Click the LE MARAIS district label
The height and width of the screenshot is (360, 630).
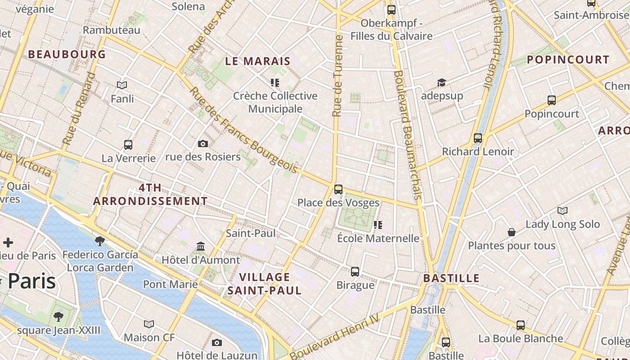coord(258,61)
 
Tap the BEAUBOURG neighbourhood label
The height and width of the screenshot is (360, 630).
coord(67,54)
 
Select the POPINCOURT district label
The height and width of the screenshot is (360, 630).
coord(568,59)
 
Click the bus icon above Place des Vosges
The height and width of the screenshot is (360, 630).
coord(338,189)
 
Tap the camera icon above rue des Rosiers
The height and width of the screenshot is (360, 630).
coord(203,144)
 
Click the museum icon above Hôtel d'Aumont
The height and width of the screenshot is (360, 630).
coord(201,247)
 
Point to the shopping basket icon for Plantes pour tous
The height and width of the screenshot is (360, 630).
coord(512,232)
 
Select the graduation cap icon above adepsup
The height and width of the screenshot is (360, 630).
coord(441,83)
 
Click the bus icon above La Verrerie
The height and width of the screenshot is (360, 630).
coord(128,145)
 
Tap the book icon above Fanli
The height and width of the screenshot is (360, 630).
coord(122,85)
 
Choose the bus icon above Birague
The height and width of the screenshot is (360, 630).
coord(355,272)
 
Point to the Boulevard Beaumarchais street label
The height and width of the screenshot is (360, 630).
coord(408,135)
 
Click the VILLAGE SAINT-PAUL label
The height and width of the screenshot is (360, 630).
coord(264,283)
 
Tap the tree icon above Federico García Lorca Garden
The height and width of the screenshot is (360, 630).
coord(100,241)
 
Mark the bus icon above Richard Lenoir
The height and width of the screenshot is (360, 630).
coord(478,138)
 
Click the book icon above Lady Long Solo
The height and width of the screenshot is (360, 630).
coord(562,211)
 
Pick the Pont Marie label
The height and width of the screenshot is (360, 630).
coord(170,284)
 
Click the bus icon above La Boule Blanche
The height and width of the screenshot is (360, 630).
coord(521,325)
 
